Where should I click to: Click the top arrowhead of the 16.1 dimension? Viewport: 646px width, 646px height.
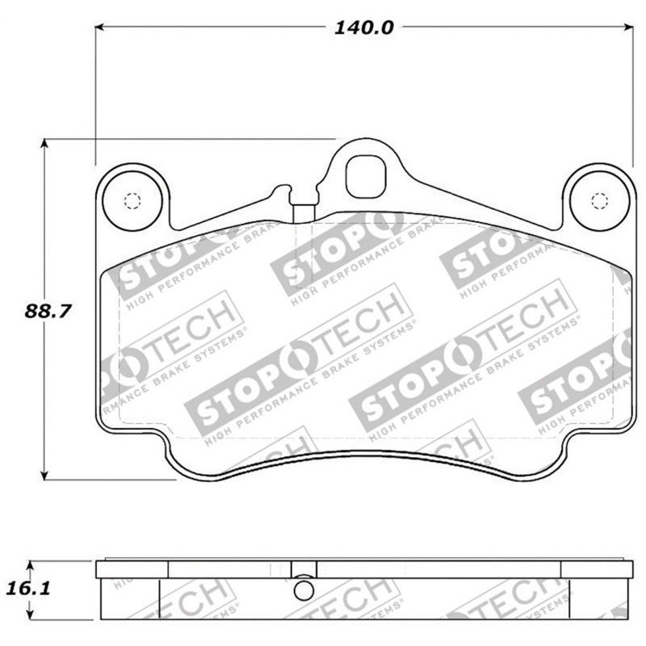(x=31, y=564)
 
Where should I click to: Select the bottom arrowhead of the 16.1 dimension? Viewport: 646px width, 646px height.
(x=31, y=618)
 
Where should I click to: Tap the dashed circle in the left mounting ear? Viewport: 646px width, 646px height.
(x=132, y=201)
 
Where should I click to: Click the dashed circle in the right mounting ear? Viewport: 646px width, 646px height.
(x=598, y=201)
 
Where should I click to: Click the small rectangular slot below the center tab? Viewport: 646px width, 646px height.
(x=304, y=212)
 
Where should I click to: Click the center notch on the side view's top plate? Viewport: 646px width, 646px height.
(x=304, y=569)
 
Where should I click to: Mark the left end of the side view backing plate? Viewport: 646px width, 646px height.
(x=100, y=570)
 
